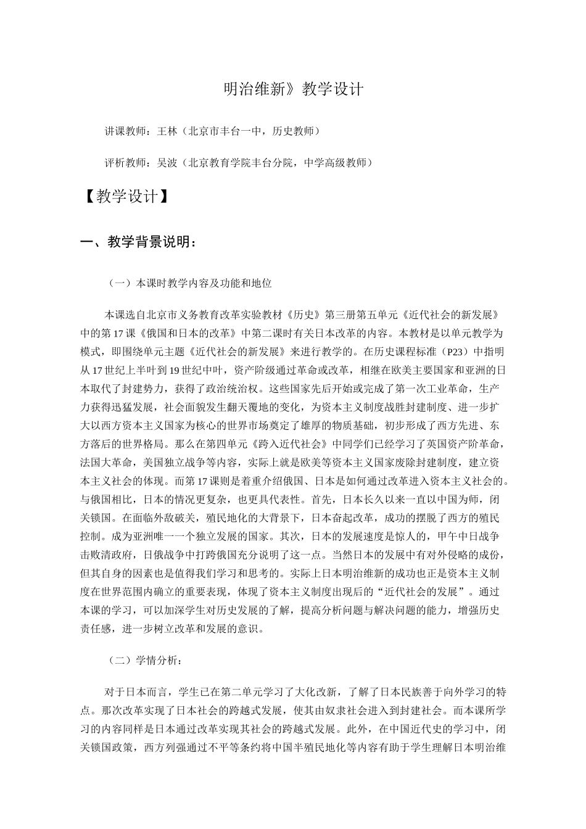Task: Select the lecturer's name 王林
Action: tap(167, 131)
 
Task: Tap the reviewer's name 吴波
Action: tap(167, 163)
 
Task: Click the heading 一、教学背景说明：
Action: tap(139, 242)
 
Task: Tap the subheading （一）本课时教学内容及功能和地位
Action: tap(189, 284)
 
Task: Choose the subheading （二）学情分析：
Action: tap(145, 661)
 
